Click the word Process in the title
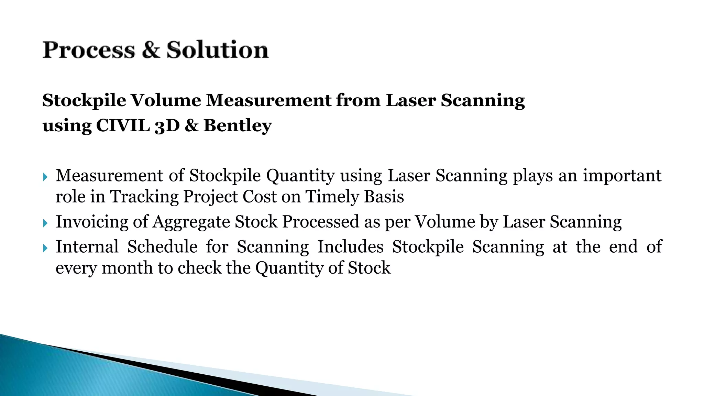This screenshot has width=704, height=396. tap(89, 50)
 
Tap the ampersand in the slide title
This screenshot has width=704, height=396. tap(151, 50)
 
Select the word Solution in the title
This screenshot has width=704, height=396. tap(217, 50)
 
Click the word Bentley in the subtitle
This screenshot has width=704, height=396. tap(238, 125)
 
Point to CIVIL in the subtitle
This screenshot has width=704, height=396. tap(123, 125)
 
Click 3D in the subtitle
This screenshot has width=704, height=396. tap(167, 126)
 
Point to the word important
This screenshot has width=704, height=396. tap(622, 176)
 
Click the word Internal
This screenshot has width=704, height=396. tap(87, 247)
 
